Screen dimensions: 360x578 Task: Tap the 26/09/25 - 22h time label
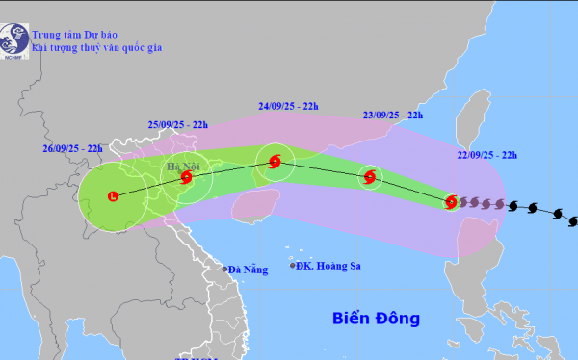click(x=72, y=148)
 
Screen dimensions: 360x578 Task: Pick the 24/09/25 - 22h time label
click(x=290, y=106)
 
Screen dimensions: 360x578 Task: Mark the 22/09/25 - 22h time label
click(x=486, y=154)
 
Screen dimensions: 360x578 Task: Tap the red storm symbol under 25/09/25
click(x=186, y=177)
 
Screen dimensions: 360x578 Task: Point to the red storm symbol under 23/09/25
click(x=370, y=176)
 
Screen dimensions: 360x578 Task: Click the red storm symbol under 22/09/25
click(x=451, y=201)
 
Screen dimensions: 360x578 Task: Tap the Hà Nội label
click(x=181, y=166)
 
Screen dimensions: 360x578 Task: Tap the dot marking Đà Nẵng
click(x=224, y=270)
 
